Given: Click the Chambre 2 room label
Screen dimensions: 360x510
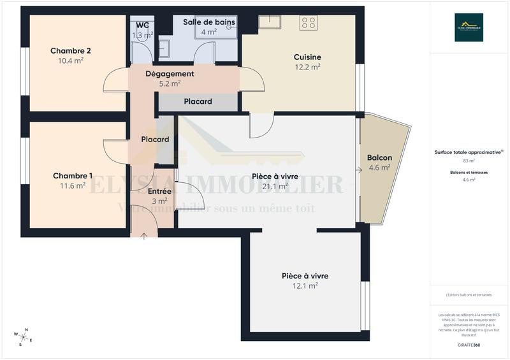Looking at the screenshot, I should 71,51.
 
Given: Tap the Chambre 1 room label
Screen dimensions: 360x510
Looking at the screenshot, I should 73,176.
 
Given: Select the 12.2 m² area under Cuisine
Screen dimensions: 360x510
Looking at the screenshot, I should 307,66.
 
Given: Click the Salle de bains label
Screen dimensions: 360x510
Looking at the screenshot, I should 209,22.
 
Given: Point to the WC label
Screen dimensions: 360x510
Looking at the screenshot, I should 142,25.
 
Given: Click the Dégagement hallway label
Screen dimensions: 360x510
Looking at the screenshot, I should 170,74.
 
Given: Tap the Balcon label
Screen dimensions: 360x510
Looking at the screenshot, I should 379,158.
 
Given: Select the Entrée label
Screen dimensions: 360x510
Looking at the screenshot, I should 159,191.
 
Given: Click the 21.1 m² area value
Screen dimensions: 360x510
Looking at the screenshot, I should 275,186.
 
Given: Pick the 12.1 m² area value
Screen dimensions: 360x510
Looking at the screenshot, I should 305,286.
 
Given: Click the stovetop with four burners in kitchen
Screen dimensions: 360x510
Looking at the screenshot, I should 309,23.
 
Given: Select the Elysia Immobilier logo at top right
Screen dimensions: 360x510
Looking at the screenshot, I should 469,27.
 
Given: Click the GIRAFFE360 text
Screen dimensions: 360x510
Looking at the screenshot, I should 469,345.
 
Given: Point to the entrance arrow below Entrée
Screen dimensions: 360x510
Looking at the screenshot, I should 145,236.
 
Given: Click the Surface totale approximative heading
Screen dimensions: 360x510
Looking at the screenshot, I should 469,152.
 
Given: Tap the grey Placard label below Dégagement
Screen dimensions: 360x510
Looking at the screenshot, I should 198,101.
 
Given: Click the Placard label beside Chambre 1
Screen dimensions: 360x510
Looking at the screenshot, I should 155,140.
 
